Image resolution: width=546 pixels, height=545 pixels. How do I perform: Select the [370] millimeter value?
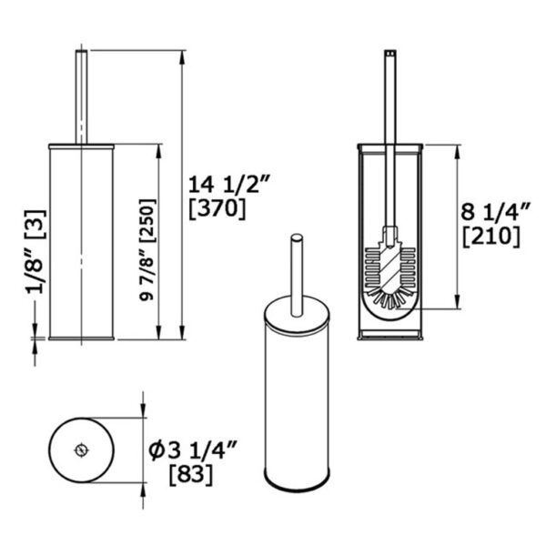(x=217, y=208)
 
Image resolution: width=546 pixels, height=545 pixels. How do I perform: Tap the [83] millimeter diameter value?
(x=191, y=473)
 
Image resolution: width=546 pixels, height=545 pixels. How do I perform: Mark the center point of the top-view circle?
(x=82, y=449)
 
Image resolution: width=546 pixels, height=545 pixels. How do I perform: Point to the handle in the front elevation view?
(x=82, y=91)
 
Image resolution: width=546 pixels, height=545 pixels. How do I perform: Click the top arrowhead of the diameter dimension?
(x=145, y=413)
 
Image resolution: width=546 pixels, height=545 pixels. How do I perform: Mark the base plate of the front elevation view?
(x=82, y=338)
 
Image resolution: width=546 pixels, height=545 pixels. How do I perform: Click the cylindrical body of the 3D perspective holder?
(x=298, y=400)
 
